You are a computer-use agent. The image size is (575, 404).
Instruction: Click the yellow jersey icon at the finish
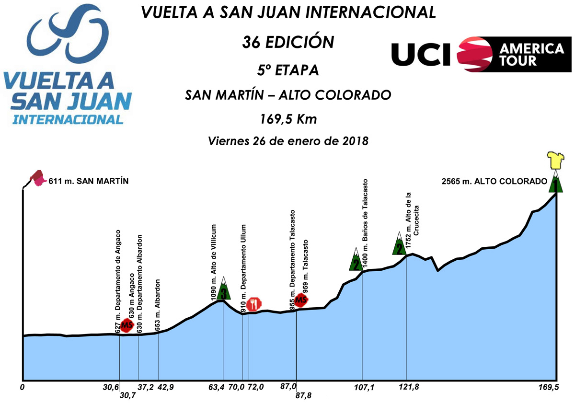point(556,161)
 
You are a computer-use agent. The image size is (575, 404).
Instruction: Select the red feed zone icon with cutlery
point(254,303)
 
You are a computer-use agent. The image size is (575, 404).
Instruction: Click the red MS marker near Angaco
point(126,326)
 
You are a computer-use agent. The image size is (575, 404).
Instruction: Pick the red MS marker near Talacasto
point(301,300)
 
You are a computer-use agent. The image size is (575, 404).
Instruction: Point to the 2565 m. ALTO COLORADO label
point(494,181)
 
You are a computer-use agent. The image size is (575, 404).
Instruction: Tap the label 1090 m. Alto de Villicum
point(214,262)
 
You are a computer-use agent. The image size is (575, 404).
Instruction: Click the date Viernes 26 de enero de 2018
point(287,141)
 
